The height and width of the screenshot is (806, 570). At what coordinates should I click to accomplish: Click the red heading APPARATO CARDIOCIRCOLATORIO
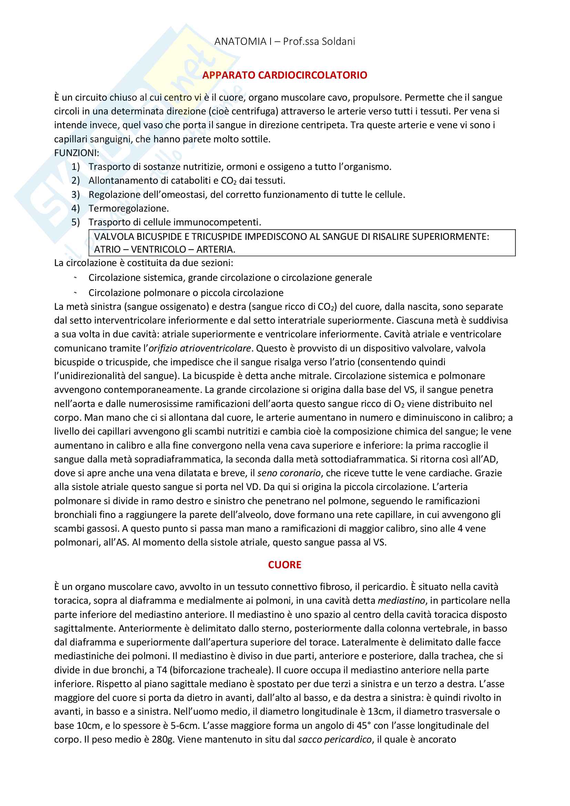(285, 75)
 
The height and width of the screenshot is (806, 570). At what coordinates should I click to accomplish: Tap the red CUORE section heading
(285, 565)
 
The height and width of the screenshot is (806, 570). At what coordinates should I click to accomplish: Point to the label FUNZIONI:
(77, 153)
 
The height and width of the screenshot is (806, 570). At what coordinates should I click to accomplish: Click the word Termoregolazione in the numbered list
(128, 208)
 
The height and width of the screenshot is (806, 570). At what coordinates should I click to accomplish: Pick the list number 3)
(76, 194)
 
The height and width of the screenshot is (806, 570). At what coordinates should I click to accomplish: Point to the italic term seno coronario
(289, 473)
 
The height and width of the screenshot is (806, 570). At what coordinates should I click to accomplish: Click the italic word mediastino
(401, 601)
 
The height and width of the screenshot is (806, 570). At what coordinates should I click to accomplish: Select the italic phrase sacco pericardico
(335, 739)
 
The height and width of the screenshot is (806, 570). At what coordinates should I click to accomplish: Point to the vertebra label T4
(162, 670)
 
